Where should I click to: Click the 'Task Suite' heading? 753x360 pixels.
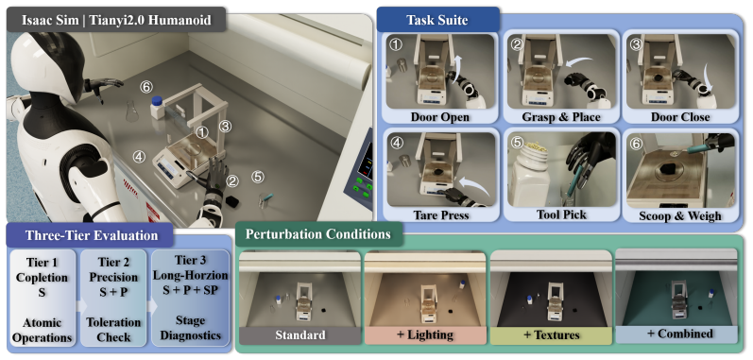pyautogui.click(x=437, y=20)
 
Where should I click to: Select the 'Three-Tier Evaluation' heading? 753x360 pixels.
pyautogui.click(x=92, y=235)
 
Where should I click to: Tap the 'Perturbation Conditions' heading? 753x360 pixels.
pyautogui.click(x=317, y=233)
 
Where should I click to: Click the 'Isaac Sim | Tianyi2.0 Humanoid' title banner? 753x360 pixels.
pyautogui.click(x=116, y=21)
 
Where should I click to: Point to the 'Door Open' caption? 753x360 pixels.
pyautogui.click(x=440, y=117)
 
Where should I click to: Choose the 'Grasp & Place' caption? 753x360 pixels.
pyautogui.click(x=561, y=117)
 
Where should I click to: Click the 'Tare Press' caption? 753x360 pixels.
pyautogui.click(x=440, y=214)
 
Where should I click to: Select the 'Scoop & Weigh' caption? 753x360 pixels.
pyautogui.click(x=680, y=215)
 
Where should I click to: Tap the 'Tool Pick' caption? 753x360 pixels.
pyautogui.click(x=561, y=214)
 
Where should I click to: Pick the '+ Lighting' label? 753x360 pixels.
pyautogui.click(x=425, y=335)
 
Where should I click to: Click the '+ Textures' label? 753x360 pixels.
pyautogui.click(x=551, y=335)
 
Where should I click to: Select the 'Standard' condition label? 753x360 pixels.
pyautogui.click(x=300, y=335)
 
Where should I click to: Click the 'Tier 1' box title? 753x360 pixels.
pyautogui.click(x=43, y=263)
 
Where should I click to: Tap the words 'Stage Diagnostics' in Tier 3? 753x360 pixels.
pyautogui.click(x=191, y=328)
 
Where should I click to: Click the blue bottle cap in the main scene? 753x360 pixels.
pyautogui.click(x=157, y=100)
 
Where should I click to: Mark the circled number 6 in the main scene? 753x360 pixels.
pyautogui.click(x=146, y=87)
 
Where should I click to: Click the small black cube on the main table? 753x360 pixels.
pyautogui.click(x=232, y=200)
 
